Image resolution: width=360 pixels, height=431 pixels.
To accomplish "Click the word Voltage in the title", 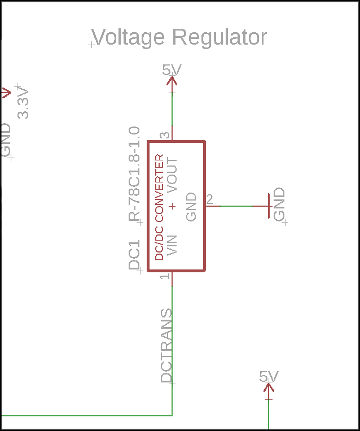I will click(129, 38).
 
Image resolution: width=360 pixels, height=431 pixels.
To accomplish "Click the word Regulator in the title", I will click(219, 38).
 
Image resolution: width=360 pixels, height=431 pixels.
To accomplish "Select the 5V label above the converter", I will click(172, 70).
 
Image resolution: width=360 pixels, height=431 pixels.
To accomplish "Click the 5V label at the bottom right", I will click(269, 377).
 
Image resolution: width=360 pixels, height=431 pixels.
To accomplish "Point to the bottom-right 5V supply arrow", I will click(269, 389).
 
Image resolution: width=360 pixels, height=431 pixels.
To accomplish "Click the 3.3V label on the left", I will click(23, 103).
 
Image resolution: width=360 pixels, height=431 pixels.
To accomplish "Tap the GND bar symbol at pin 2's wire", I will click(268, 206).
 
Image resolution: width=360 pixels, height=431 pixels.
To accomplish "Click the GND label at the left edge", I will click(5, 140).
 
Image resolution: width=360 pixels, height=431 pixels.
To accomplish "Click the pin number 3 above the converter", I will click(165, 136).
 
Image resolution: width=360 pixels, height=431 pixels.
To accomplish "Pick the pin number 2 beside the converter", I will click(209, 199).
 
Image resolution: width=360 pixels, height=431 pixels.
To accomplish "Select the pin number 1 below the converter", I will click(165, 276).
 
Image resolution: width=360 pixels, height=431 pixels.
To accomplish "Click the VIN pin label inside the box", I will click(173, 245).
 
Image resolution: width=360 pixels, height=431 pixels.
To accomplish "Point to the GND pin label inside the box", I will click(191, 207).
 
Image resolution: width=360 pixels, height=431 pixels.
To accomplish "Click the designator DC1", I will click(134, 256).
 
